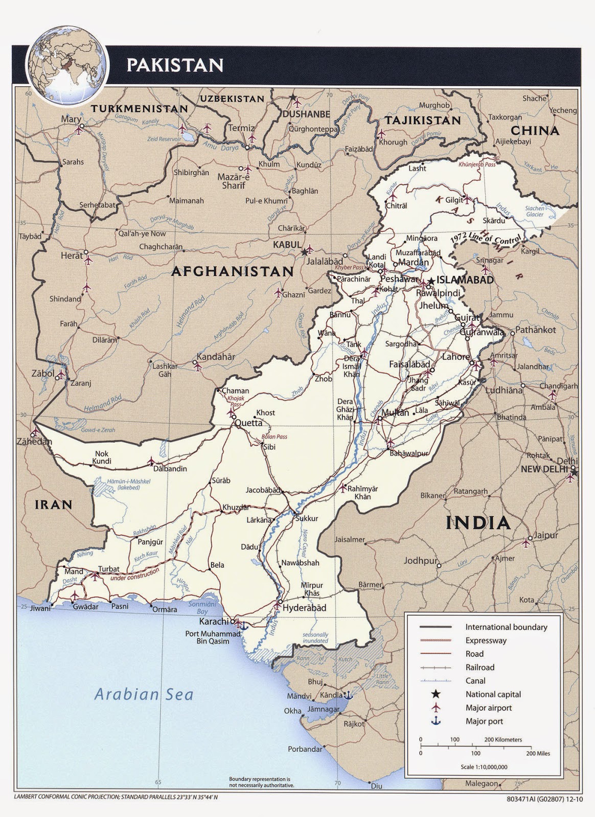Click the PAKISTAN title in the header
coord(175,65)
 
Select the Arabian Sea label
coord(144,694)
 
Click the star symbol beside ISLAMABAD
coord(432,280)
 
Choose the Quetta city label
coord(248,423)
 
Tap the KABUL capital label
coord(287,245)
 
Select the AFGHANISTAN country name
coord(232,271)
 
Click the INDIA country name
coord(478,523)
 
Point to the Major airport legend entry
coord(488,708)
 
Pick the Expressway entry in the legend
coord(486,640)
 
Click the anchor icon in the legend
coord(436,721)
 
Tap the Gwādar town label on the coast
coord(85,607)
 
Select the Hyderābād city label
coord(304,608)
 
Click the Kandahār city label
coord(216,357)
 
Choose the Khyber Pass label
coord(350,268)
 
